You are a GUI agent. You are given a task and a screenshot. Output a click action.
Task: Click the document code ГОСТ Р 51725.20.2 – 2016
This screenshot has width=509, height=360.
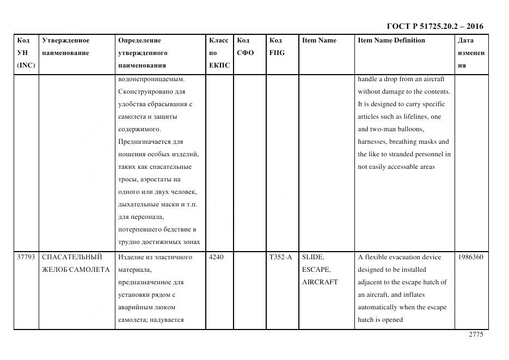click(x=434, y=26)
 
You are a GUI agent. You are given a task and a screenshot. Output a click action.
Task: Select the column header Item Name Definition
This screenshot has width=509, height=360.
click(x=391, y=40)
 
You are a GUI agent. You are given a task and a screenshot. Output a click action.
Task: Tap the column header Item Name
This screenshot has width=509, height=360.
click(x=319, y=40)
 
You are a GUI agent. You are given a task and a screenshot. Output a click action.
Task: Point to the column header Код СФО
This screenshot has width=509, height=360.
click(x=245, y=47)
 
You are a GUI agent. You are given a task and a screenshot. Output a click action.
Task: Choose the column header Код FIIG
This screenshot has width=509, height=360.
click(x=277, y=47)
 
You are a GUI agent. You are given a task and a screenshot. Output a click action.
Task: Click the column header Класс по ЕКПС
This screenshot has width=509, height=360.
click(x=219, y=53)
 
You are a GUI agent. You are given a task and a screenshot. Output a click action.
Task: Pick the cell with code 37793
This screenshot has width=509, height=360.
click(x=26, y=257)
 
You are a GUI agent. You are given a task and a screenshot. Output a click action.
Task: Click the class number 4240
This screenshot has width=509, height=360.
click(x=217, y=257)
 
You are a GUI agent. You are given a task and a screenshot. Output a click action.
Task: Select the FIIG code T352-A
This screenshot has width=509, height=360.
click(x=280, y=257)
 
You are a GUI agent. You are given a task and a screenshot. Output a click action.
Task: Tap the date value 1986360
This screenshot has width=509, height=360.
click(x=471, y=257)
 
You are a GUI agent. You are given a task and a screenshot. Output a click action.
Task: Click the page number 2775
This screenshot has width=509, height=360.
click(x=476, y=335)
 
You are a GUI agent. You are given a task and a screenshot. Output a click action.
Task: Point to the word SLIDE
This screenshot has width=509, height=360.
click(x=313, y=257)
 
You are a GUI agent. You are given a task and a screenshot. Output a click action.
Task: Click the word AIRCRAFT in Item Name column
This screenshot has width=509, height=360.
click(x=320, y=282)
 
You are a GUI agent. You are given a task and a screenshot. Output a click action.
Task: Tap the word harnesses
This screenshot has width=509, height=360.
click(x=372, y=142)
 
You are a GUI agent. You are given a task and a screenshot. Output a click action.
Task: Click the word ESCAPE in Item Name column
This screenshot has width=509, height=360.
click(x=316, y=270)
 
